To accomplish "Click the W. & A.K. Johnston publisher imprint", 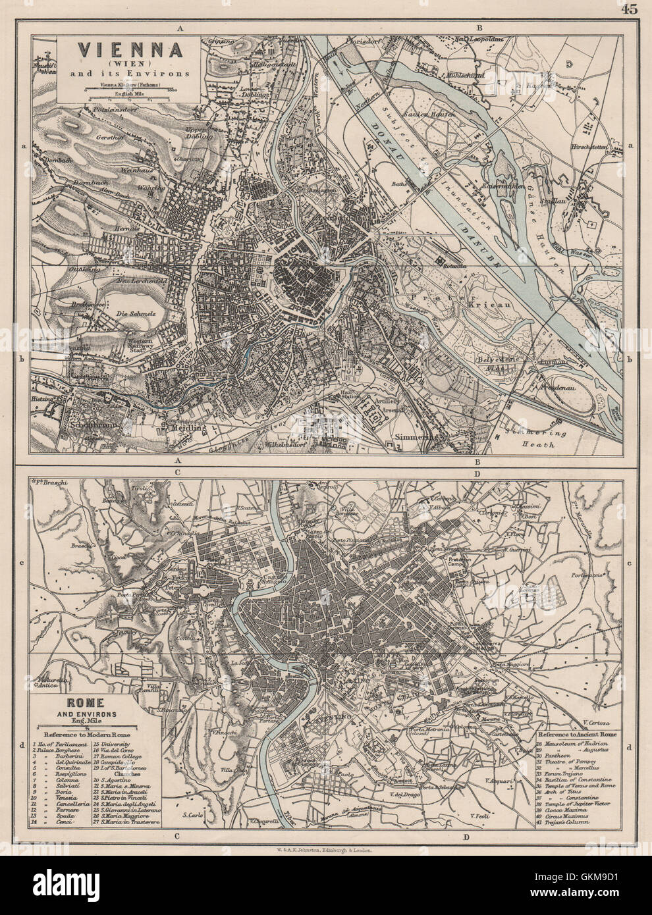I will pyautogui.click(x=326, y=850).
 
